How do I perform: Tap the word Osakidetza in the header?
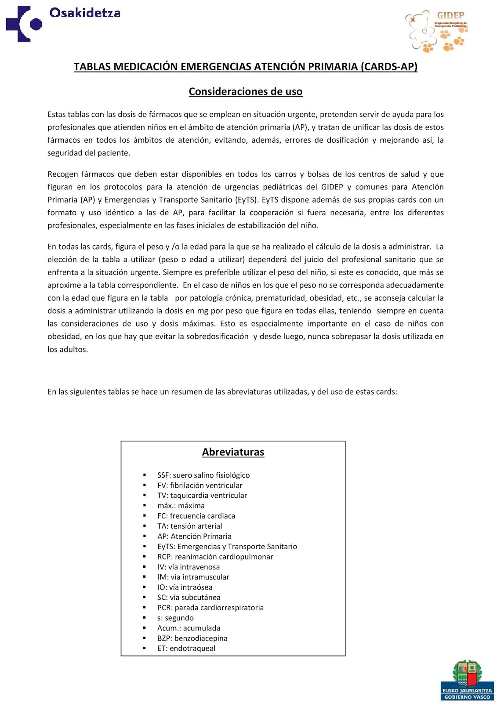(x=85, y=13)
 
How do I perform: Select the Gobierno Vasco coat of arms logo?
(x=467, y=679)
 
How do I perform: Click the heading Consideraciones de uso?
(x=245, y=91)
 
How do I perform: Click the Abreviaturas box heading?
(x=233, y=452)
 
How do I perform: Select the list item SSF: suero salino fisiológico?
(x=203, y=475)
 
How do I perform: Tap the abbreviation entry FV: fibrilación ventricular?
(x=200, y=485)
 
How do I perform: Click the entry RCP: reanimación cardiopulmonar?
(x=215, y=557)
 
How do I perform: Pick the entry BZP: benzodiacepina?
(x=192, y=638)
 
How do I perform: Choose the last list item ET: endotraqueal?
(x=186, y=648)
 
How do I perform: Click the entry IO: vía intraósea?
(x=185, y=587)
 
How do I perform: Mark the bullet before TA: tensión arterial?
(x=144, y=526)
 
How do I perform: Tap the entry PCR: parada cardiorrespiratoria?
(x=210, y=607)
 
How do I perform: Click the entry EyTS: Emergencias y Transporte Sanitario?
(x=227, y=546)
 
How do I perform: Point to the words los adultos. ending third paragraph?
(x=68, y=349)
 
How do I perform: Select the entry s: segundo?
(x=175, y=618)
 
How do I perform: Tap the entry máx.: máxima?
(x=181, y=506)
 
